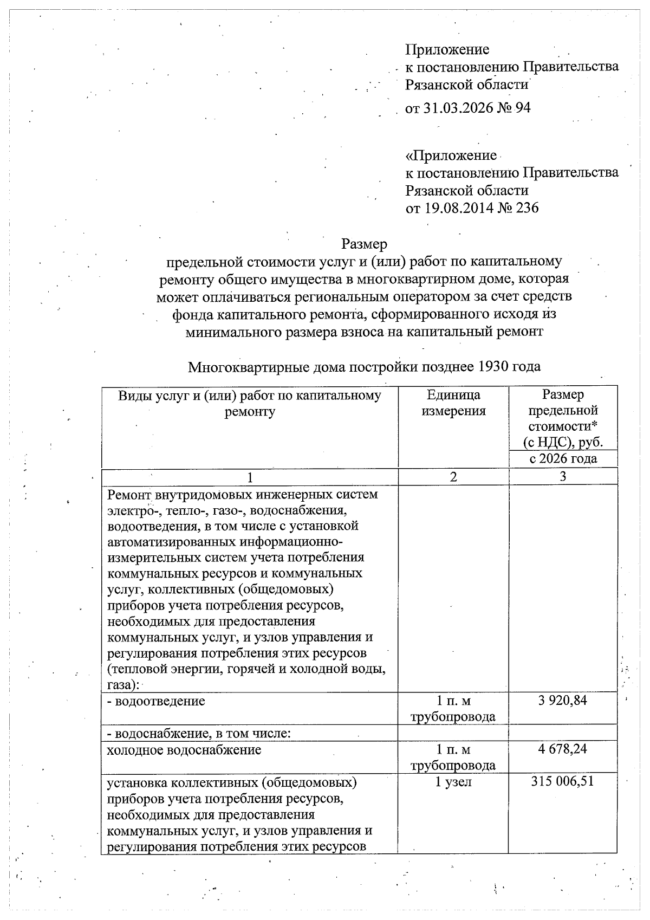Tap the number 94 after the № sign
[522, 108]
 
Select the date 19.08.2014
[457, 208]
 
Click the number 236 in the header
[526, 208]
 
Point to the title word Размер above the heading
[364, 244]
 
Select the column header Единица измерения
[453, 403]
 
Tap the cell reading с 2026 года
[563, 458]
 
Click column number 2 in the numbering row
[453, 476]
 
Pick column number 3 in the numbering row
[563, 476]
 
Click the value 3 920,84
[563, 701]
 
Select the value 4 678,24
[563, 749]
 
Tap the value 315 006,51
[563, 782]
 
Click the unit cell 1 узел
[453, 782]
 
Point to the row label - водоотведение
[156, 701]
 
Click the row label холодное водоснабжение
[184, 750]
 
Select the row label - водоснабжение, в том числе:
[199, 734]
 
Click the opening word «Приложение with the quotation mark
[451, 156]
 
